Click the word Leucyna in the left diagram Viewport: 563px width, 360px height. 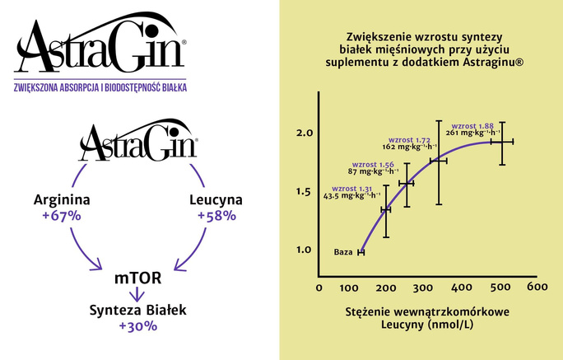216,200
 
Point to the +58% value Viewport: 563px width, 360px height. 216,217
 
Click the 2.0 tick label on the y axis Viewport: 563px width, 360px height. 305,133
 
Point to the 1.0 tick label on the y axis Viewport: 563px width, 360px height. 305,250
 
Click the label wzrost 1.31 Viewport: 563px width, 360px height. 351,189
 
